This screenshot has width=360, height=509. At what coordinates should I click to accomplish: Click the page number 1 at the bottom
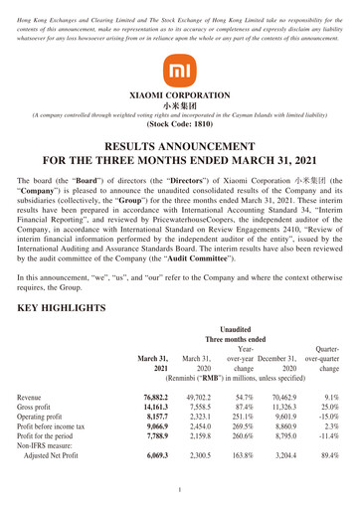[180, 490]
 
